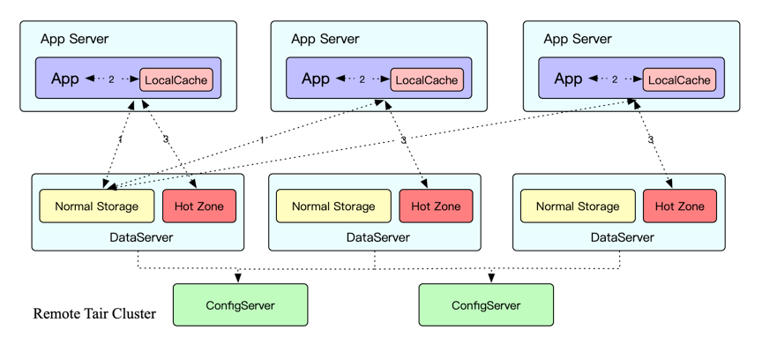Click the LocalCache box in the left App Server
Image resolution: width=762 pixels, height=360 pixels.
coord(176,79)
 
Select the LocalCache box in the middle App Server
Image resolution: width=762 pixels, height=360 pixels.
coord(427,79)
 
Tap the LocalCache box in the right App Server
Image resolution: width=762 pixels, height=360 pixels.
coord(679,79)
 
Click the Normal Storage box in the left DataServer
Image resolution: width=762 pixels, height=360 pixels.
coord(97,206)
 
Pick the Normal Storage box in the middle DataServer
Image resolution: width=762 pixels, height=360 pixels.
coord(333,206)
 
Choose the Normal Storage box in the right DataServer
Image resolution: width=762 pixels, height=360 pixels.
coord(578,206)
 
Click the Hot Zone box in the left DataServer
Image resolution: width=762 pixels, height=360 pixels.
coord(199,206)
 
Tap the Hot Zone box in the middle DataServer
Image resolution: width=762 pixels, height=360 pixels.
coord(436,206)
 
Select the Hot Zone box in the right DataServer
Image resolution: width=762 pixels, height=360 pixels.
coord(679,206)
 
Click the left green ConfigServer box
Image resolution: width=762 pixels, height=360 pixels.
coord(241,305)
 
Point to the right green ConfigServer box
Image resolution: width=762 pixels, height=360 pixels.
coord(486,305)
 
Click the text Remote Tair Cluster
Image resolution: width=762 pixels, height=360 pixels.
coord(94,314)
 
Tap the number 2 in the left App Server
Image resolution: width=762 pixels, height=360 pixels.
coord(111,79)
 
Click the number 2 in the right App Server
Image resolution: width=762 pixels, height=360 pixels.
coord(615,79)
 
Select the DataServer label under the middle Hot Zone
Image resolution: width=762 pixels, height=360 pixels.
coord(378,238)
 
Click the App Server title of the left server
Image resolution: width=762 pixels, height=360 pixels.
coord(75,40)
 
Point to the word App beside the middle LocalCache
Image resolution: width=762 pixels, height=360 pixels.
coord(316,79)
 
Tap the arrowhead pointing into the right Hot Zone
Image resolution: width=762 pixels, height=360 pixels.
coord(669,184)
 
